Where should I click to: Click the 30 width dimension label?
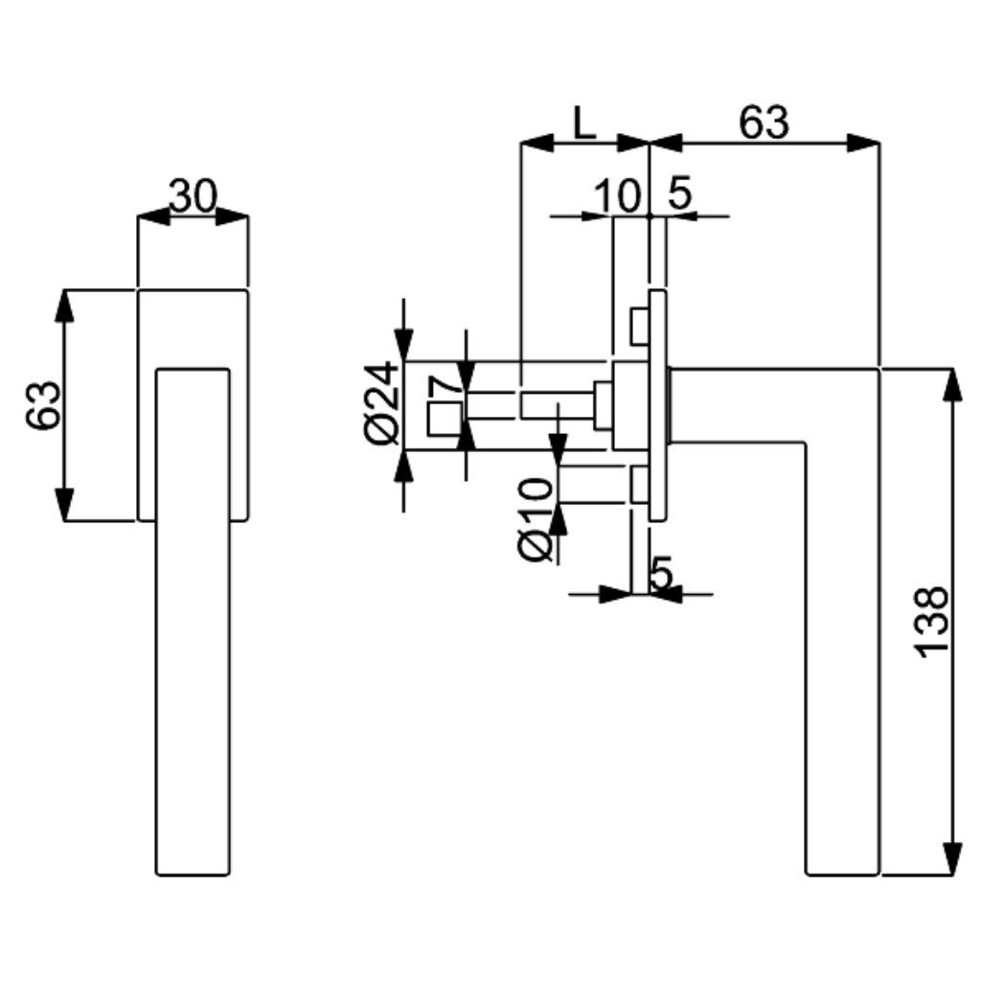point(193,195)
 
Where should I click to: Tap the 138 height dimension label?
point(931,621)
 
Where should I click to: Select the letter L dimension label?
point(584,124)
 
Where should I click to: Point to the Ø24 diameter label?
point(381,403)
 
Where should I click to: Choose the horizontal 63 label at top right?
point(764,123)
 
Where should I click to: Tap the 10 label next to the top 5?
point(618,195)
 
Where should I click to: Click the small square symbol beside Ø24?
point(445,419)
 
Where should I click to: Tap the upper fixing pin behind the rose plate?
point(639,326)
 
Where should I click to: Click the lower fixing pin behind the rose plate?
point(639,484)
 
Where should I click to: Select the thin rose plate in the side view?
point(657,405)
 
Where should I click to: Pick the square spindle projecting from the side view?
point(557,404)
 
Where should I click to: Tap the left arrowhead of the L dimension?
point(537,143)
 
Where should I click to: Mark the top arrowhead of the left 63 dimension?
point(64,306)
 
